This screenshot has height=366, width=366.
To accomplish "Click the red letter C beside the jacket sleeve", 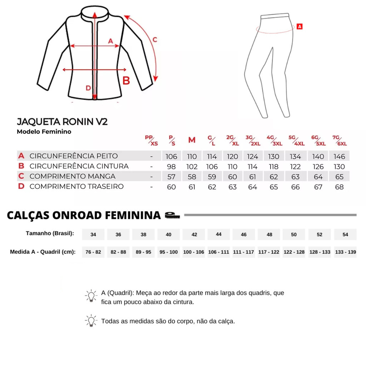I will pos(155,40).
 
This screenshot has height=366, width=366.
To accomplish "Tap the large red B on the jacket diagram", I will pos(126,81).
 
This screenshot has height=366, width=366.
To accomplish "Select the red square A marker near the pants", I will pos(300,26).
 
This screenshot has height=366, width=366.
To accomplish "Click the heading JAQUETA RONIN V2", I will pos(62,122).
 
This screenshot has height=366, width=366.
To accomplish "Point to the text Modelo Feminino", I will pos(44,132).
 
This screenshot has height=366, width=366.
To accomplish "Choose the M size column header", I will pos(192,140).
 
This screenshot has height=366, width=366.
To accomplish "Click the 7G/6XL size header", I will pos(340,140).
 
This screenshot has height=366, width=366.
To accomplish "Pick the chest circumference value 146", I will pos(339,156).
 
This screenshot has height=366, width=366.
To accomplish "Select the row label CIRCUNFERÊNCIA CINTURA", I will pos(79,166).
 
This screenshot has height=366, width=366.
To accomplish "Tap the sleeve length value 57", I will pos(172,177).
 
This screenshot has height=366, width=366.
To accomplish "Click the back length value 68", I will pos(339,187).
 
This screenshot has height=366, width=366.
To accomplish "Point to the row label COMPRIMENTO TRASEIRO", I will pos(76,187).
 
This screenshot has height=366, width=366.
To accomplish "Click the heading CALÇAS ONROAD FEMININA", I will pos(84,215).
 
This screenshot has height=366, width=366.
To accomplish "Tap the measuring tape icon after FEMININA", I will pos(172,215).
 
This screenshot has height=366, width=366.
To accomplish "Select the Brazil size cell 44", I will pos(219,234).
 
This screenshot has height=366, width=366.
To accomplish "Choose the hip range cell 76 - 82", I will pos(93,252).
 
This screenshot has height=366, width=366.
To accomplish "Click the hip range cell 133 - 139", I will pos(346,252).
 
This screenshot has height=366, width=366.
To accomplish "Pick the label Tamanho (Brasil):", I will pos(50,233).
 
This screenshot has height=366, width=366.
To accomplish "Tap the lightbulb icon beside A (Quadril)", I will pos(91,296).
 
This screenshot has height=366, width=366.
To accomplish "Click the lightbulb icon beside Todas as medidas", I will pos(91,320).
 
